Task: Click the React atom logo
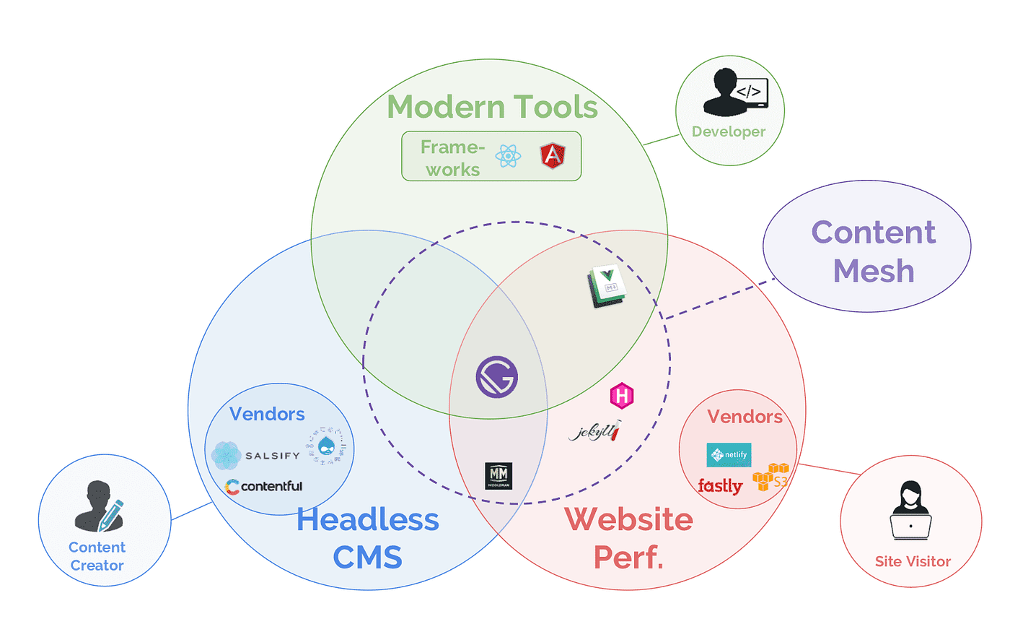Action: (509, 155)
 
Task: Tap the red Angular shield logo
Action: (552, 155)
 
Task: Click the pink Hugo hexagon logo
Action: (622, 396)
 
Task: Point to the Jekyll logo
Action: (594, 432)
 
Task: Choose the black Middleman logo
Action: (499, 476)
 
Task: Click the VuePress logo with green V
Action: (607, 286)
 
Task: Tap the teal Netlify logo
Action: (729, 455)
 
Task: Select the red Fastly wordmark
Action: (720, 486)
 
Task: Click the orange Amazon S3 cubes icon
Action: (770, 477)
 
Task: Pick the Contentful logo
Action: (263, 486)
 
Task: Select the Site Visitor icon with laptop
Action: (910, 511)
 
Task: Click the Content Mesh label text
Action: (874, 251)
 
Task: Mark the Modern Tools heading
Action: (493, 107)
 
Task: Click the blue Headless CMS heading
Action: (367, 538)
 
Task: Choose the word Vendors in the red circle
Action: (745, 416)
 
